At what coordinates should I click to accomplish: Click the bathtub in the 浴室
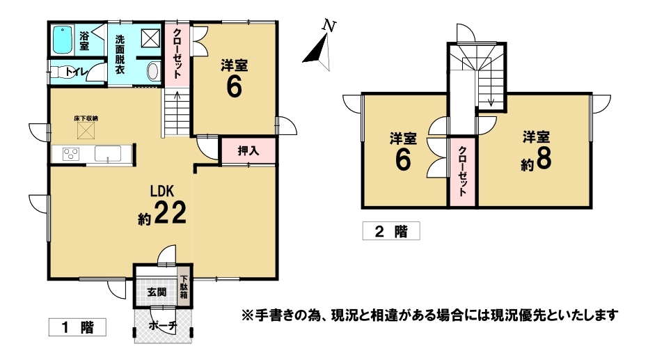pyautogui.click(x=63, y=40)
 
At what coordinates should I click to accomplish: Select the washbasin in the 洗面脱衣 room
pyautogui.click(x=153, y=71)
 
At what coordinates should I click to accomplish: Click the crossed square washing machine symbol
pyautogui.click(x=150, y=38)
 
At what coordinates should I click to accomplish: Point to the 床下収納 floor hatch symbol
pyautogui.click(x=86, y=131)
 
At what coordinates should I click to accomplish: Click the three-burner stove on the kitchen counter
pyautogui.click(x=71, y=154)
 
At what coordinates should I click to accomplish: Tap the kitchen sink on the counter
pyautogui.click(x=108, y=154)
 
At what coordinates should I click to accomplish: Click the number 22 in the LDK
pyautogui.click(x=171, y=213)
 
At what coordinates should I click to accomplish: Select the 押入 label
pyautogui.click(x=248, y=151)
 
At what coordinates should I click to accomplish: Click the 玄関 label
pyautogui.click(x=157, y=292)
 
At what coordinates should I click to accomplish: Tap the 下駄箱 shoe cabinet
pyautogui.click(x=184, y=288)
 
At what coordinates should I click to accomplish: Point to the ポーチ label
pyautogui.click(x=163, y=326)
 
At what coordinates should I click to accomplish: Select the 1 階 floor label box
pyautogui.click(x=77, y=327)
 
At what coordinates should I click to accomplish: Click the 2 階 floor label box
pyautogui.click(x=391, y=231)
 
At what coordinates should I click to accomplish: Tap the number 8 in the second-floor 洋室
pyautogui.click(x=543, y=159)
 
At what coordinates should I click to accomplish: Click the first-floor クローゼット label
pyautogui.click(x=177, y=54)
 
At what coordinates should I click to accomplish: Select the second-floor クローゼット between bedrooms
pyautogui.click(x=463, y=171)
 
